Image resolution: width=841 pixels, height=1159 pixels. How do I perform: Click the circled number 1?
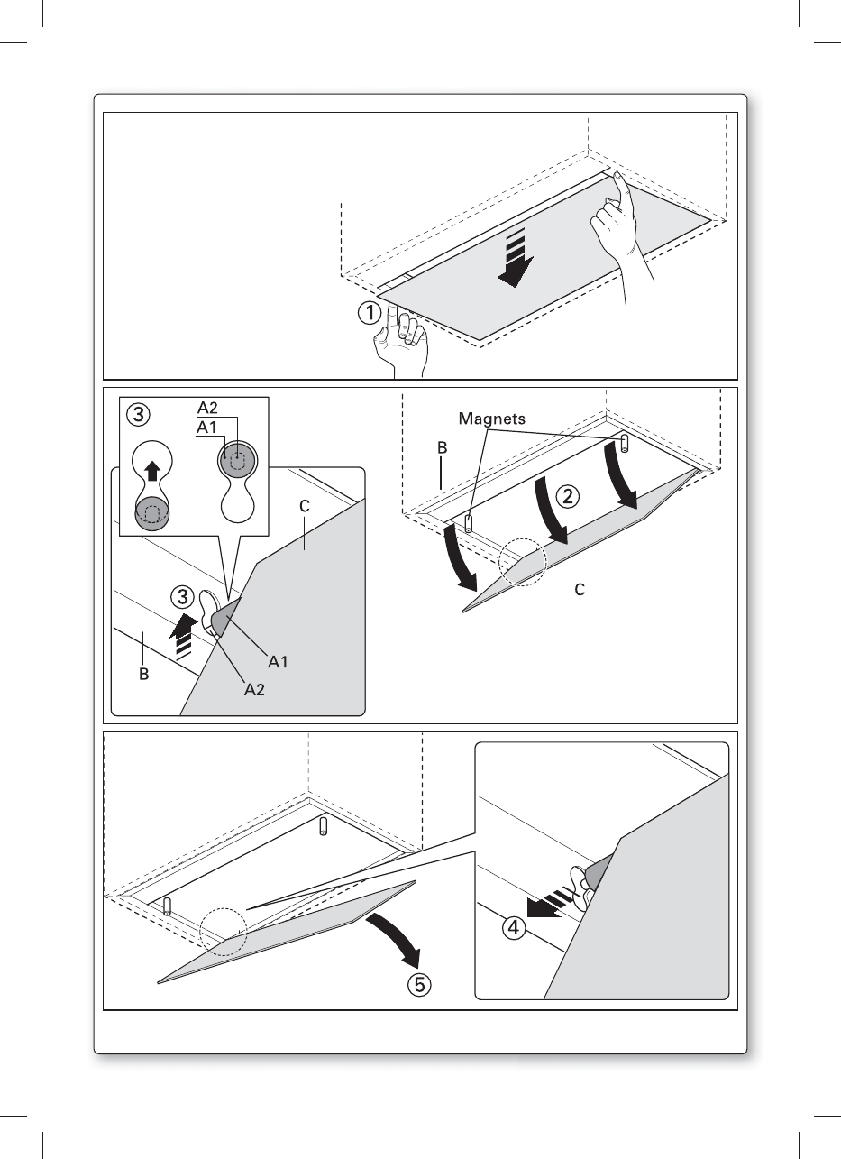(368, 313)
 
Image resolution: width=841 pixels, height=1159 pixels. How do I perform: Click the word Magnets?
(491, 418)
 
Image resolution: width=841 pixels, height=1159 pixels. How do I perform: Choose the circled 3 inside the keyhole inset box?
(137, 415)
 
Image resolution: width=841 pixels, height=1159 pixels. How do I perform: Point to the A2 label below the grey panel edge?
(255, 690)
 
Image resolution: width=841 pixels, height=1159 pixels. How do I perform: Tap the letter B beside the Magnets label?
(441, 447)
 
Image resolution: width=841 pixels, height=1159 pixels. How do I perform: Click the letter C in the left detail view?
(305, 507)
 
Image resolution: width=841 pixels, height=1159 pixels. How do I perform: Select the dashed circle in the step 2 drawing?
(523, 566)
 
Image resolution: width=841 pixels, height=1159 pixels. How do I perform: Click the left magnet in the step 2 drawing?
(469, 523)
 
